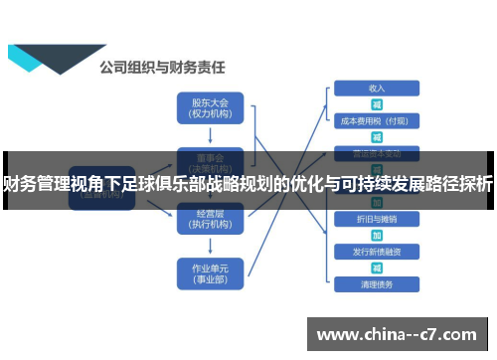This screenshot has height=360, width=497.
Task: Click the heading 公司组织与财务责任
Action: click(x=163, y=69)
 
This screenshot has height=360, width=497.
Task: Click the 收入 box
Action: click(x=377, y=88)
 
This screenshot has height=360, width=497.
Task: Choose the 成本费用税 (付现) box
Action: click(x=377, y=120)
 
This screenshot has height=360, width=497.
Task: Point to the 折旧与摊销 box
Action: click(x=377, y=218)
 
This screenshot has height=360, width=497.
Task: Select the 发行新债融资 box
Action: click(x=377, y=252)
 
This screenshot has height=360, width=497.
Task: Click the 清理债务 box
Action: click(x=377, y=284)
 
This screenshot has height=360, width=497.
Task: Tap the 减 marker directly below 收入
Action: click(x=377, y=103)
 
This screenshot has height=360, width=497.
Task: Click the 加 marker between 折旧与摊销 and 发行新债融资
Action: click(x=377, y=235)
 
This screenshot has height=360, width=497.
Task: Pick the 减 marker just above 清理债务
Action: click(x=377, y=269)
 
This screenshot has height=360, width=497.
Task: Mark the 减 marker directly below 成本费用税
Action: click(x=377, y=137)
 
